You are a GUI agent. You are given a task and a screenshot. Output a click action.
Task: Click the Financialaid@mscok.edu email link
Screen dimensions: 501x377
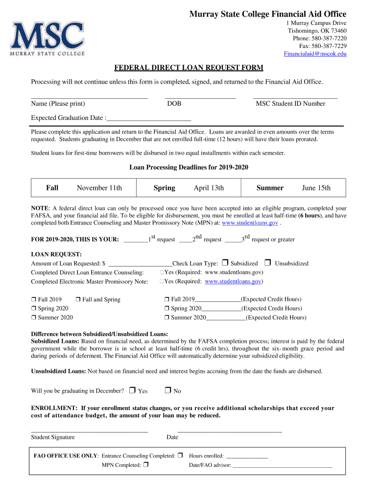315,54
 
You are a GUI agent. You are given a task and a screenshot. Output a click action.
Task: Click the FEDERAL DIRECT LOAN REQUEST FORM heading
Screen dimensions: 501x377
188,68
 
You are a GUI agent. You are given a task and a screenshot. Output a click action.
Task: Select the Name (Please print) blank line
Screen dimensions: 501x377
90,97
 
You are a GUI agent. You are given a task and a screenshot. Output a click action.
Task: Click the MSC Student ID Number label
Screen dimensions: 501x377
290,104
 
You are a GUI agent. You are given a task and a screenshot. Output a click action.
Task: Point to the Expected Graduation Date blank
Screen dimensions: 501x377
149,118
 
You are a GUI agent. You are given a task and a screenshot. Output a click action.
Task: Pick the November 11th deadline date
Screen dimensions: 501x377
99,188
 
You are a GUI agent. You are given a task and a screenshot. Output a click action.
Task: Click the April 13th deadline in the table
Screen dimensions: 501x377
209,188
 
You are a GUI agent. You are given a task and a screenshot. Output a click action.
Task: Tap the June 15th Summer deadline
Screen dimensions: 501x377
316,188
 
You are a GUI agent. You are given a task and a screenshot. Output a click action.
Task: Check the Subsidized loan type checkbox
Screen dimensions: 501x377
225,263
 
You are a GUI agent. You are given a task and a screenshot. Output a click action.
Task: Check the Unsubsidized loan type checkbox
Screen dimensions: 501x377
268,263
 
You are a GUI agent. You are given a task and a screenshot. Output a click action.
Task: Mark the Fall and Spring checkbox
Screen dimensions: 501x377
78,299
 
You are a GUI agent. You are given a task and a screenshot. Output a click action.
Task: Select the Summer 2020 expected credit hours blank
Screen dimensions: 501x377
226,318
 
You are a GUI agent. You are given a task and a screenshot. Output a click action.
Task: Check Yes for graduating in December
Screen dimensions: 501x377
132,390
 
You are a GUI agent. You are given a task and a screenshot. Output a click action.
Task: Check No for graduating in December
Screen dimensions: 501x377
167,390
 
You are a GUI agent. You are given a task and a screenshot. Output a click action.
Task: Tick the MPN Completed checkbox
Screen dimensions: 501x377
146,465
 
